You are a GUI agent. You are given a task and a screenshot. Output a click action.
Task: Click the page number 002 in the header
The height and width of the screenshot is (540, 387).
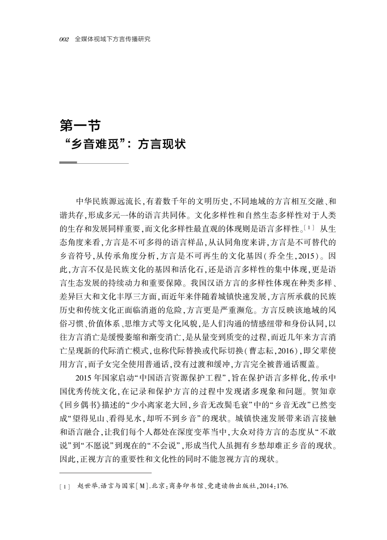pos(64,39)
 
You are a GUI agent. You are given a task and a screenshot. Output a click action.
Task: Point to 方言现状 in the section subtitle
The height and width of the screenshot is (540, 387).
pos(162,144)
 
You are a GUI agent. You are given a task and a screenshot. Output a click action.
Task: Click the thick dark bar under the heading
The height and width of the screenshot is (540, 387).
pos(68,163)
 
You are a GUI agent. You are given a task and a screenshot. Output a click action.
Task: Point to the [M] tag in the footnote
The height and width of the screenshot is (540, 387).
pos(142,486)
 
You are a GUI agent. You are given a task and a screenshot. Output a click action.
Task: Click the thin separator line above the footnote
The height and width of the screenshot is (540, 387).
pos(105,473)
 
